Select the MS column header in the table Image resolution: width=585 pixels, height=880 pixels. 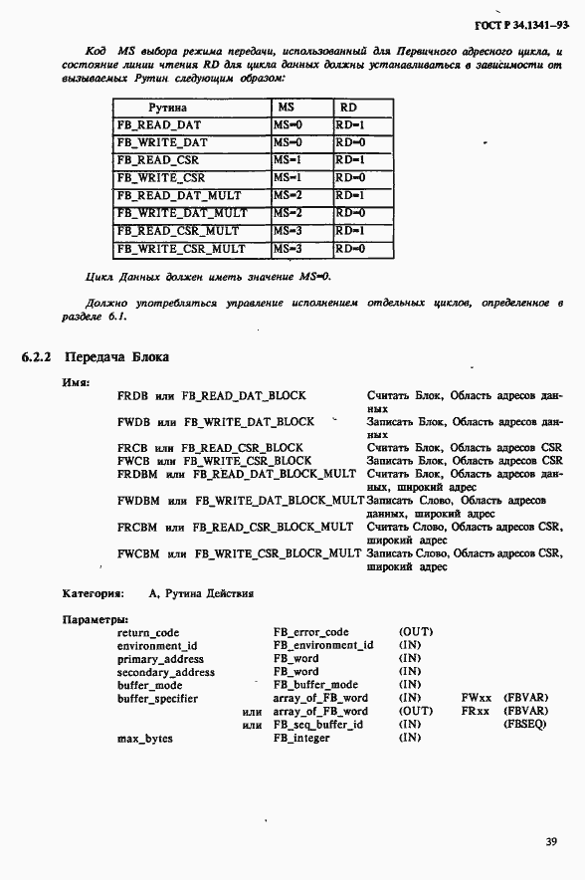[285, 107]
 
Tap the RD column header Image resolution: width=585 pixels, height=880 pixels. [348, 107]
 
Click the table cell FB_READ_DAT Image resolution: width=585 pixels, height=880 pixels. [159, 125]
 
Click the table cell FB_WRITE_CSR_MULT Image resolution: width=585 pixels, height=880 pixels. [181, 248]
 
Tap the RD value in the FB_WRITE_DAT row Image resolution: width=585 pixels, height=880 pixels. [350, 142]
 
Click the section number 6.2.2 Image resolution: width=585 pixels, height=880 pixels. [38, 357]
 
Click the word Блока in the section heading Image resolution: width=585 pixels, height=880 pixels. [148, 357]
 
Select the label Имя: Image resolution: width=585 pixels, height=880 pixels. [77, 381]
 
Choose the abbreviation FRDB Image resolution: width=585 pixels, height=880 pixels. [133, 395]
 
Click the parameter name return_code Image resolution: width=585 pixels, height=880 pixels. [148, 632]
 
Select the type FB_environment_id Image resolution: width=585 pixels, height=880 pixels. [323, 645]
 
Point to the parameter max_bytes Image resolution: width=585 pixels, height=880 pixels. [144, 738]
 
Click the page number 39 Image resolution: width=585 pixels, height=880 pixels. [550, 842]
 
